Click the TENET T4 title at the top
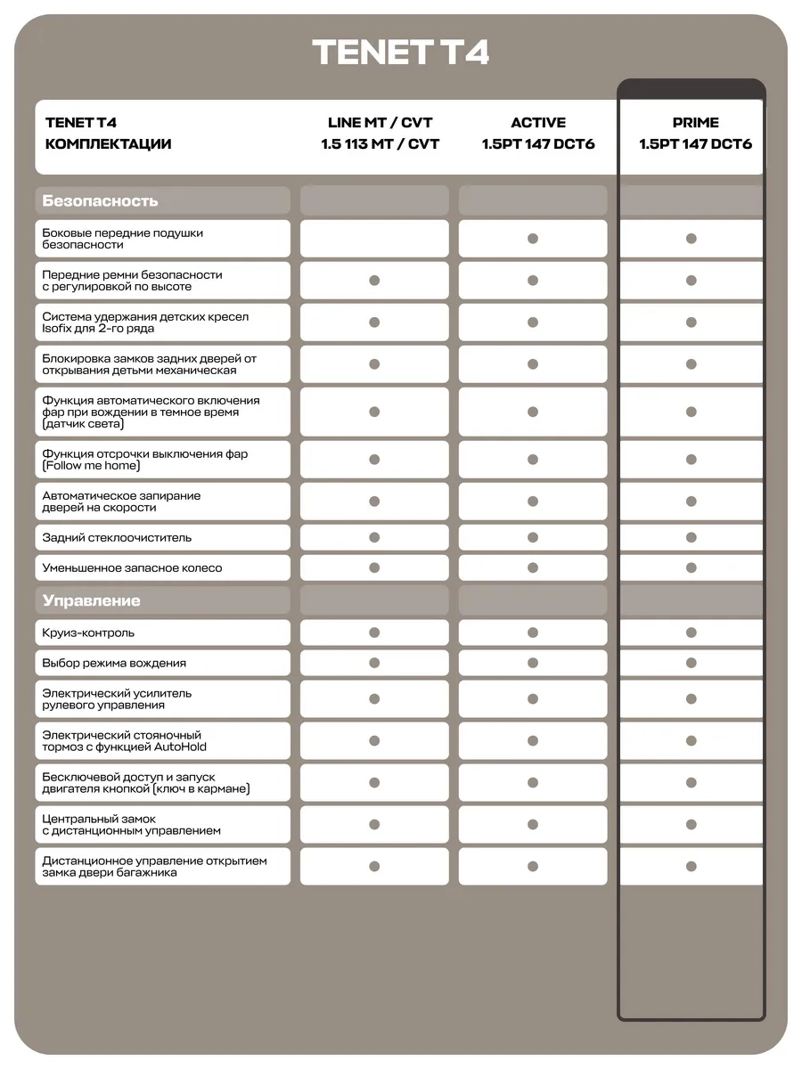click(400, 53)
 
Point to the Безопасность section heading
click(100, 200)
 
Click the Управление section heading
click(91, 600)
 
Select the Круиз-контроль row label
click(88, 632)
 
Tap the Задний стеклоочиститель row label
click(117, 537)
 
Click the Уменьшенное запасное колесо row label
click(132, 567)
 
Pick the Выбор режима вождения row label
click(114, 663)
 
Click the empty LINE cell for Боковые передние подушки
click(374, 239)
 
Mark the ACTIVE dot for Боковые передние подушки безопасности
click(533, 239)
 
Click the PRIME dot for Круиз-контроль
click(691, 632)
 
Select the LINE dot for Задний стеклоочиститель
click(374, 537)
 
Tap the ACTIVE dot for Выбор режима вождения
click(533, 663)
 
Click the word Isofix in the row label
click(54, 329)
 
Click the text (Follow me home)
click(91, 466)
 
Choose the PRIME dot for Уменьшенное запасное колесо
click(691, 567)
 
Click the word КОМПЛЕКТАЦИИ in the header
click(108, 143)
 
